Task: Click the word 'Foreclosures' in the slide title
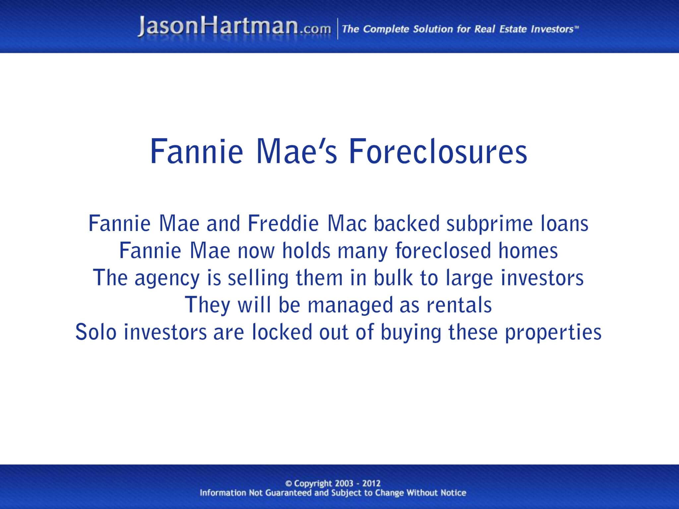pyautogui.click(x=438, y=152)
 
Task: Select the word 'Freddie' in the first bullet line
pyautogui.click(x=283, y=224)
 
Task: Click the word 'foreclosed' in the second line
pyautogui.click(x=443, y=251)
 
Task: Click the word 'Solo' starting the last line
pyautogui.click(x=96, y=332)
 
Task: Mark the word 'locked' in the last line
pyautogui.click(x=282, y=332)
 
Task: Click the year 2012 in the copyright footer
pyautogui.click(x=371, y=483)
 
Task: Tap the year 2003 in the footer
pyautogui.click(x=344, y=483)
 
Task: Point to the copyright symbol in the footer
pyautogui.click(x=288, y=484)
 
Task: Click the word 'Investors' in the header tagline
pyautogui.click(x=552, y=29)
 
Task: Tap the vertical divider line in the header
pyautogui.click(x=338, y=29)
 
